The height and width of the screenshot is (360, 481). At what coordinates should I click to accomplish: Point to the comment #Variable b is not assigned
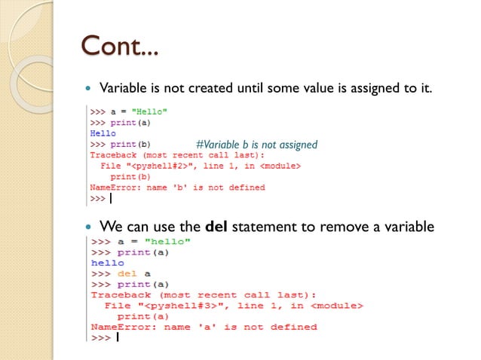[256, 144]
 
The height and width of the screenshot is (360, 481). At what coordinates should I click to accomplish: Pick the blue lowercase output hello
[107, 264]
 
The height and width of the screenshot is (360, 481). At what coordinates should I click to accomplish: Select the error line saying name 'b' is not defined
[177, 188]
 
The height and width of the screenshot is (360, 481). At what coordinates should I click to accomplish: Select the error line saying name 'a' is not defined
[204, 327]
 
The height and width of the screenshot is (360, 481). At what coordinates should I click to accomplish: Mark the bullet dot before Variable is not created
[90, 89]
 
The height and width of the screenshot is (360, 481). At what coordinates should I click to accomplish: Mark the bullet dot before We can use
[90, 226]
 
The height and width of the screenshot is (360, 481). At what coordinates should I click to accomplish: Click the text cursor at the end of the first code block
[111, 199]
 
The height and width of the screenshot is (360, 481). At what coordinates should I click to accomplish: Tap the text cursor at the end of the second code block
[118, 338]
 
